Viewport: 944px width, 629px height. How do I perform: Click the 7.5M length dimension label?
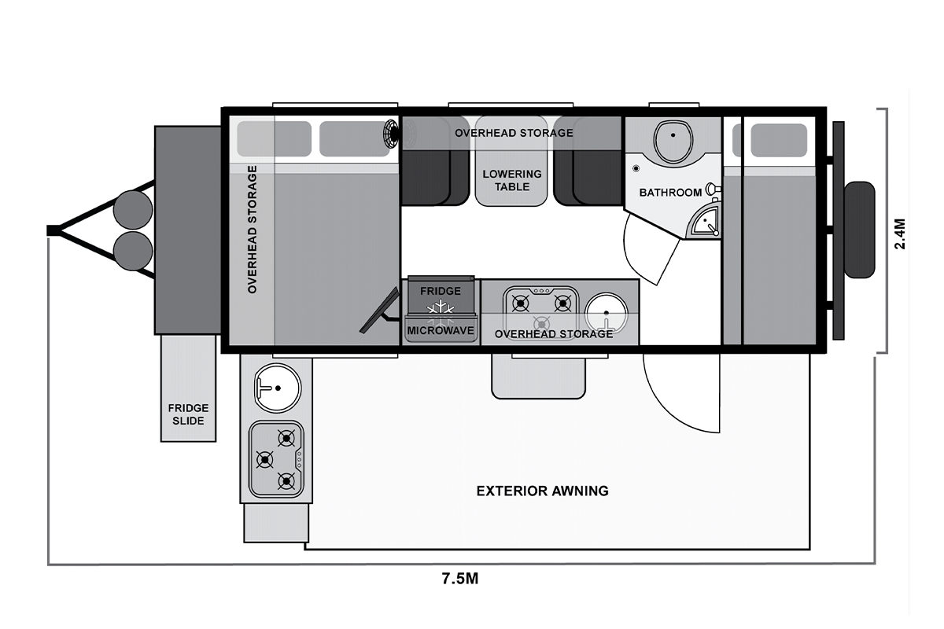[x=459, y=579]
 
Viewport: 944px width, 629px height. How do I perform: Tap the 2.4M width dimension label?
[x=900, y=234]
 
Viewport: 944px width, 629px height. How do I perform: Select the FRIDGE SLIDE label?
[x=188, y=414]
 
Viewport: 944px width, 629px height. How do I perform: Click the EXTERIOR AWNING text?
[x=542, y=491]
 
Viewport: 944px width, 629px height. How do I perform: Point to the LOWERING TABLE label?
[x=512, y=180]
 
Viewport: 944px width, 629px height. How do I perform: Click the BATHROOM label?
[x=670, y=193]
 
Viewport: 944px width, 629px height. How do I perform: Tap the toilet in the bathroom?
[x=673, y=142]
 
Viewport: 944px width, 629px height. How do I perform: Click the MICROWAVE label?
[x=441, y=331]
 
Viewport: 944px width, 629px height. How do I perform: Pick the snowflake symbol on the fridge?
[x=441, y=309]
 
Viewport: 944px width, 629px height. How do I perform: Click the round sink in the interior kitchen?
[x=606, y=314]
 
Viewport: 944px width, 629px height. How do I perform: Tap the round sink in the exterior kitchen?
[x=277, y=388]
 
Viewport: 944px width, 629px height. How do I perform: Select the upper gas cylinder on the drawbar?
[x=133, y=210]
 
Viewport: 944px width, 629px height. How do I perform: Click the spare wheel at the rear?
[x=860, y=230]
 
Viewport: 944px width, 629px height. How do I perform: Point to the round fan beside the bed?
[x=392, y=134]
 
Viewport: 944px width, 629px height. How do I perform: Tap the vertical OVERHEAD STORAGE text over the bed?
[x=252, y=229]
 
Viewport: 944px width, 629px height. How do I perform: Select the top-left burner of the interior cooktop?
[x=521, y=303]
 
